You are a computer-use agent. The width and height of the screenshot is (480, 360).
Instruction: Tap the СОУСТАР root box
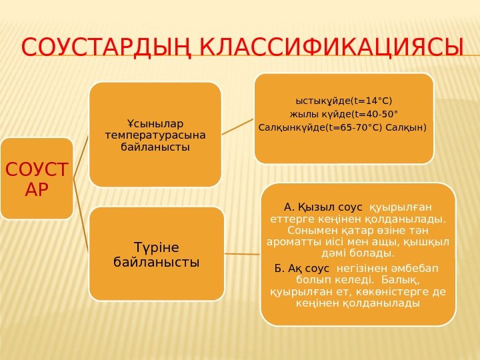[37, 179]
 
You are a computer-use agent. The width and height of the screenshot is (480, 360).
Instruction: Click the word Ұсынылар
[155, 123]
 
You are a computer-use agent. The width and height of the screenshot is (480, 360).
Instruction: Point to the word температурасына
[155, 135]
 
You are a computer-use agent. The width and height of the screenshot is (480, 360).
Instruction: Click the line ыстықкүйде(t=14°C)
[343, 102]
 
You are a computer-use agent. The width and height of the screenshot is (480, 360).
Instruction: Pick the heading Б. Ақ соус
[302, 268]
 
